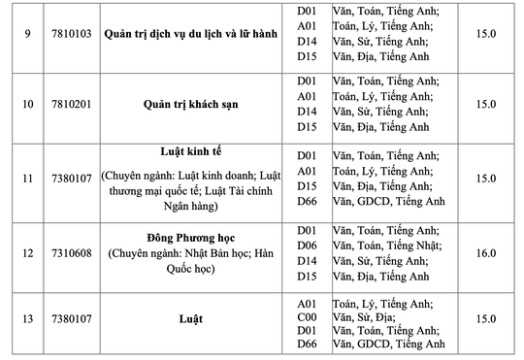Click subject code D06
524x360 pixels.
point(309,246)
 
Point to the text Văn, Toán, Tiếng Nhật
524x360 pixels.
point(384,246)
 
